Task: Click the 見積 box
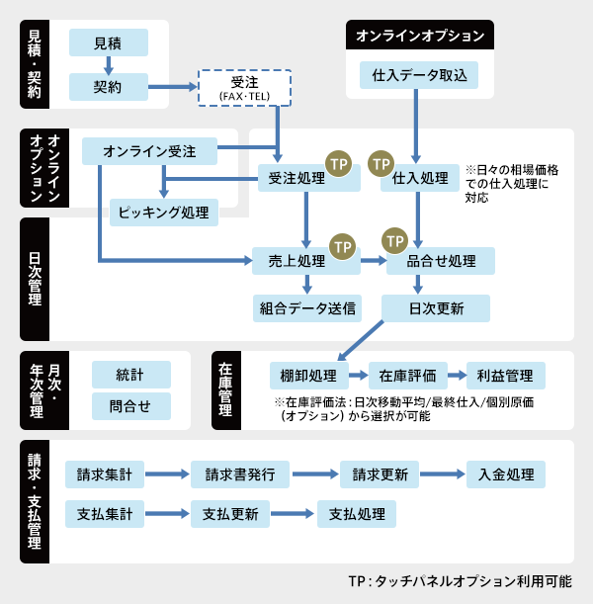(x=109, y=43)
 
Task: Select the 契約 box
(x=109, y=87)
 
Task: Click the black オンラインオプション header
(x=420, y=36)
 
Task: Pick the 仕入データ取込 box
(x=419, y=75)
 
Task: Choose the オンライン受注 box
(x=149, y=151)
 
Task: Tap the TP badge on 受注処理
(x=339, y=162)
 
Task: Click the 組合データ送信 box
(x=306, y=307)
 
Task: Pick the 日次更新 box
(x=436, y=307)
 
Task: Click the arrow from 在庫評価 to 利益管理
(x=455, y=376)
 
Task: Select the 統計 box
(x=129, y=375)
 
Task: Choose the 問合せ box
(x=129, y=406)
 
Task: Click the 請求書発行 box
(x=247, y=475)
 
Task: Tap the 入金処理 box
(x=505, y=475)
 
